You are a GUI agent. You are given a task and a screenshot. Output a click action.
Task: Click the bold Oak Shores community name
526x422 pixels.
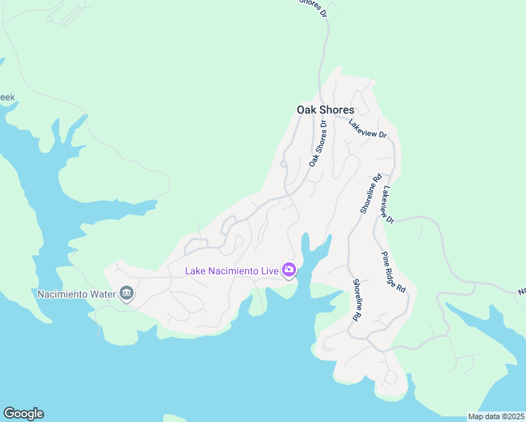click(x=325, y=110)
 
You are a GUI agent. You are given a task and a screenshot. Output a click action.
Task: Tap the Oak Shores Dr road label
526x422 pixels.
click(x=319, y=143)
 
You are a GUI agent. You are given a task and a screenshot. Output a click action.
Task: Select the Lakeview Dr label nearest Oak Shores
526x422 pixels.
click(x=368, y=128)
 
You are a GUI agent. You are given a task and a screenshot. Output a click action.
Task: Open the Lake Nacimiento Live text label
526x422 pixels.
click(x=231, y=271)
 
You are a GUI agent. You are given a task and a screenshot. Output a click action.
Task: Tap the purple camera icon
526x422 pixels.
click(x=288, y=270)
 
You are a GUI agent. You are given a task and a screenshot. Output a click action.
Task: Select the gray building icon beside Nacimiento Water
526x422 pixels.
click(x=127, y=293)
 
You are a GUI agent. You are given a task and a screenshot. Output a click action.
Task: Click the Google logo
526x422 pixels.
click(x=23, y=414)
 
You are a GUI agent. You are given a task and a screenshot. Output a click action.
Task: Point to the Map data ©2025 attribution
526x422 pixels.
click(x=496, y=416)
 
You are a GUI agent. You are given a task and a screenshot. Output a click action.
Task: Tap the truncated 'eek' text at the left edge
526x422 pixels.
click(x=7, y=98)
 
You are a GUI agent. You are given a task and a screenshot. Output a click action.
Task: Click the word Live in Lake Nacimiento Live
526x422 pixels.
click(x=267, y=271)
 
